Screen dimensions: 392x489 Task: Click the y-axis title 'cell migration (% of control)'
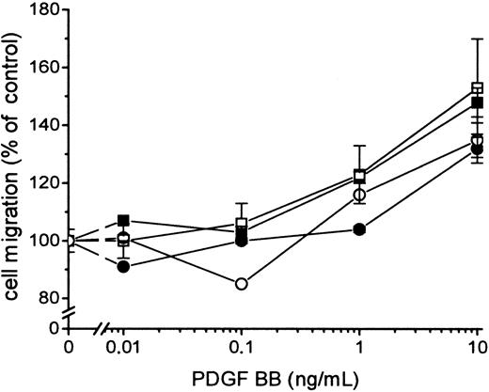12,169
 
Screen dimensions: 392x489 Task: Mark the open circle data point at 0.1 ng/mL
242,283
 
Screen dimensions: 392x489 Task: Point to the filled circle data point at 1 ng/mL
360,229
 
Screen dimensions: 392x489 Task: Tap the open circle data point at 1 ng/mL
360,195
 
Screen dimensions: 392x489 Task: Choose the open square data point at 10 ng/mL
477,88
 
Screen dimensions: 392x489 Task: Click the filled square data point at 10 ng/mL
477,102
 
